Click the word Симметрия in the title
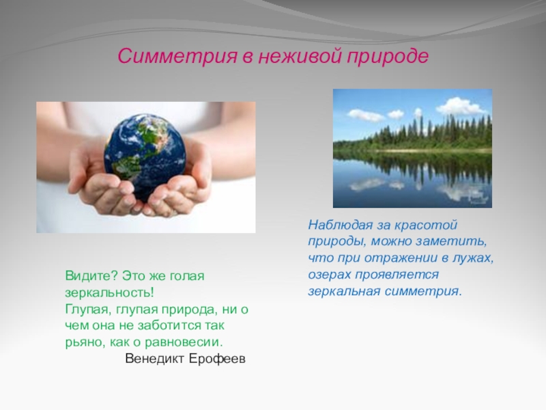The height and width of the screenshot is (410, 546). tap(177, 56)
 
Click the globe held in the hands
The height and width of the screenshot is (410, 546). tap(145, 156)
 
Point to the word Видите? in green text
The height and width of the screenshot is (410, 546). tap(91, 276)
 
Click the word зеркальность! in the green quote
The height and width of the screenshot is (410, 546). tap(109, 293)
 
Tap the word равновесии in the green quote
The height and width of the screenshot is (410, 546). tap(183, 342)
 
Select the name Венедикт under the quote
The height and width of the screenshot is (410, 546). tap(155, 358)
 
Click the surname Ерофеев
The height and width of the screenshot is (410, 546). tap(217, 358)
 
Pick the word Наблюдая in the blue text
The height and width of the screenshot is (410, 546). tap(339, 225)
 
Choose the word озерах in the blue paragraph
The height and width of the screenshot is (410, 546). tap(328, 275)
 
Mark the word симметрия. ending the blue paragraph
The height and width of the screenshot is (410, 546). tap(423, 291)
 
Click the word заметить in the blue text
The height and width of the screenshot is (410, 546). tap(449, 242)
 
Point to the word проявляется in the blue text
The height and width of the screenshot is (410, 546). tap(397, 275)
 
